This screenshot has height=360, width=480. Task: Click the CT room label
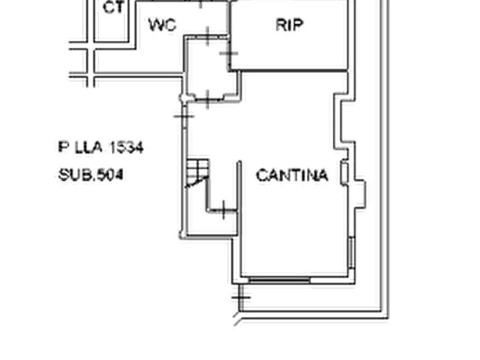pyautogui.click(x=113, y=7)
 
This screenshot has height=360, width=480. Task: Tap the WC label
pyautogui.click(x=162, y=25)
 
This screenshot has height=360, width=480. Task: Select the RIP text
pyautogui.click(x=289, y=25)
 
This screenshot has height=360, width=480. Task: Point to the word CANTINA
pyautogui.click(x=292, y=175)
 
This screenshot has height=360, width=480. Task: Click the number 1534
pyautogui.click(x=126, y=148)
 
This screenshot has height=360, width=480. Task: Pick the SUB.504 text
pyautogui.click(x=91, y=175)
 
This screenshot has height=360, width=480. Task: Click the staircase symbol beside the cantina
pyautogui.click(x=198, y=173)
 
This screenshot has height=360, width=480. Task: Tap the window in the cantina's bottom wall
pyautogui.click(x=279, y=279)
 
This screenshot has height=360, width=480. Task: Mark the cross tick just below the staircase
pyautogui.click(x=223, y=210)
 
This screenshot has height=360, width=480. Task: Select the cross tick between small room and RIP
pyautogui.click(x=228, y=53)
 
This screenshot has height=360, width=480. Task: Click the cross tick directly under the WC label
pyautogui.click(x=208, y=36)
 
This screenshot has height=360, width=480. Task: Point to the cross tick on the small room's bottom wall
pyautogui.click(x=207, y=99)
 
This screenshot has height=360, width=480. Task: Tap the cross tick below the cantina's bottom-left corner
pyautogui.click(x=241, y=297)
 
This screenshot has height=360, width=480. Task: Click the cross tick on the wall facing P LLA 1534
pyautogui.click(x=184, y=116)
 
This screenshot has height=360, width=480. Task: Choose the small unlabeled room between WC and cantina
pyautogui.click(x=210, y=68)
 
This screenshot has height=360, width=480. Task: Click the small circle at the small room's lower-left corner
pyautogui.click(x=183, y=98)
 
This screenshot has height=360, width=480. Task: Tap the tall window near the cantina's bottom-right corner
pyautogui.click(x=351, y=253)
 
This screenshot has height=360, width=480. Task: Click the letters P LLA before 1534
pyautogui.click(x=80, y=148)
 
